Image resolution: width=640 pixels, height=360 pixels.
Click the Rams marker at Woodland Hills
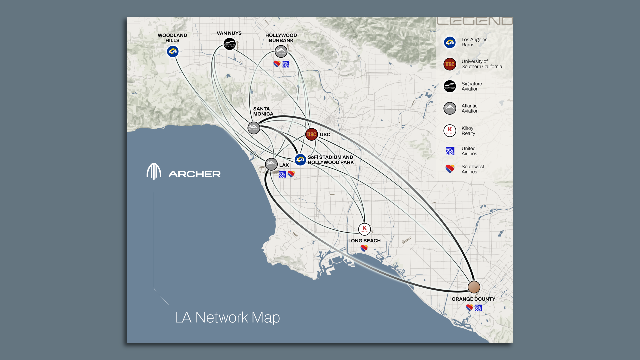(x=173, y=51)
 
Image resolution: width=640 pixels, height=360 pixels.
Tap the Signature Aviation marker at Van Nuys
(x=230, y=44)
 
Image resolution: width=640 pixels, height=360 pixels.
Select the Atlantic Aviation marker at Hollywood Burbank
(x=281, y=52)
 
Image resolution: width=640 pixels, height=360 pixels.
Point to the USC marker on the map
(x=311, y=134)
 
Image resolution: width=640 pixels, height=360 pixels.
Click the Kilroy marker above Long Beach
(x=364, y=229)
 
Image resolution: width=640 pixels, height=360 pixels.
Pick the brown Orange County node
(x=474, y=287)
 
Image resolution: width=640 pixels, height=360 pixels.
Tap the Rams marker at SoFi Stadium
(x=300, y=160)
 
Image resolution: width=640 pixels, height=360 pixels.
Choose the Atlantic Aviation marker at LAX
(x=271, y=164)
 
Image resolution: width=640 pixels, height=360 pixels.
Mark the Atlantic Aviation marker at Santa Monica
(x=254, y=128)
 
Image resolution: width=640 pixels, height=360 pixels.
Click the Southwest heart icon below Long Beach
(x=364, y=248)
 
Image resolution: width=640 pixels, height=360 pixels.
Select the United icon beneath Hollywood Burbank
(x=286, y=64)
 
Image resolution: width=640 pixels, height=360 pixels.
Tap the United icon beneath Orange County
(x=478, y=308)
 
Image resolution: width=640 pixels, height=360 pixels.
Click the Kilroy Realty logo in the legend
(x=450, y=131)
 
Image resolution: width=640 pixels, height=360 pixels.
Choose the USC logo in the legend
(x=450, y=64)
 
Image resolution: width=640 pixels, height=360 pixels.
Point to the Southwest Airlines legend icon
(x=450, y=169)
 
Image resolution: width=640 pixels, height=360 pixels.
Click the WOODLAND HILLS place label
(x=172, y=38)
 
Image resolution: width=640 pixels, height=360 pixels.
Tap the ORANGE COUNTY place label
(x=473, y=299)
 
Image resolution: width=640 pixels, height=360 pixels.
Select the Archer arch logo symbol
(x=154, y=171)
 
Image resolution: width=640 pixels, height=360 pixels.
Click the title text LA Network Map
(x=227, y=317)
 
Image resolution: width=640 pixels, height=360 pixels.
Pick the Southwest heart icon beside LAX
(x=291, y=174)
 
